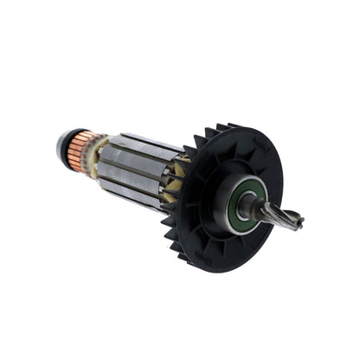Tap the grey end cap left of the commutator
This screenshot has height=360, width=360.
coord(61,145)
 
